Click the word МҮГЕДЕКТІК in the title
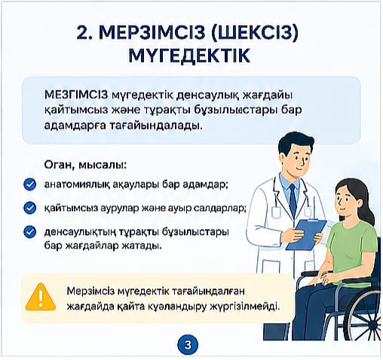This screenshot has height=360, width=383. [x=189, y=55]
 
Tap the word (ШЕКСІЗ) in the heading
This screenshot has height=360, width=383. [x=255, y=32]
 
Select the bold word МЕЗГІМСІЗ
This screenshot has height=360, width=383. [x=76, y=95]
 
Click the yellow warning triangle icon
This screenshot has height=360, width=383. [x=41, y=297]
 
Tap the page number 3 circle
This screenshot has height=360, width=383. [x=188, y=345]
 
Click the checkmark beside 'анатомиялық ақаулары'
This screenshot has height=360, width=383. [x=30, y=185]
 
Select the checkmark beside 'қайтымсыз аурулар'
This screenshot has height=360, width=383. [x=30, y=208]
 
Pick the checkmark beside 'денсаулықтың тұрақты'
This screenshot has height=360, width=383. [x=30, y=232]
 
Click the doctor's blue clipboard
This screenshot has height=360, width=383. [x=305, y=234]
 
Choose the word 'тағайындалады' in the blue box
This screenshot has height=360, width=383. [x=156, y=125]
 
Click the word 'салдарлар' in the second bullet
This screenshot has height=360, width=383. [x=220, y=209]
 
